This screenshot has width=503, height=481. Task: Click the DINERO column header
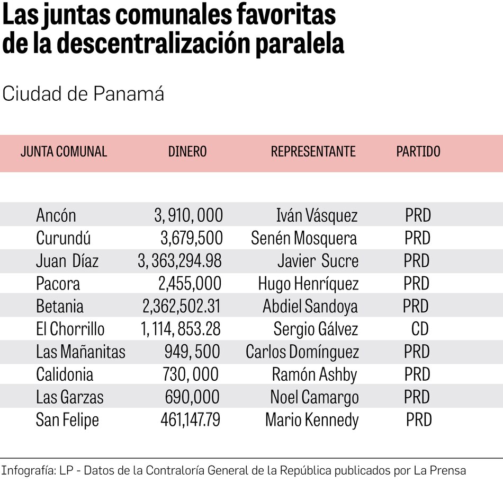tap(187, 152)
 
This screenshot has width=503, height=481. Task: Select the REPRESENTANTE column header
tap(313, 152)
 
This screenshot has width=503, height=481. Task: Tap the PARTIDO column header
tap(418, 152)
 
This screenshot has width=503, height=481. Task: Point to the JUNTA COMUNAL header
tap(64, 152)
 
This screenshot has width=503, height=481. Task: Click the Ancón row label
tap(56, 216)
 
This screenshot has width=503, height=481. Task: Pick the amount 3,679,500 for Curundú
tap(192, 238)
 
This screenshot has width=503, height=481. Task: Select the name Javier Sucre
tap(318, 261)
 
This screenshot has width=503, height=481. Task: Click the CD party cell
tap(419, 329)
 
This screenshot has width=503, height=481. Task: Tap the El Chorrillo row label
tap(70, 329)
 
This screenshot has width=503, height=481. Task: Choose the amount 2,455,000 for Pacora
tap(190, 284)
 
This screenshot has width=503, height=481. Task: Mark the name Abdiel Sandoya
tap(310, 307)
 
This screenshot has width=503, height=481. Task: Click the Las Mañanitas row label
tap(80, 352)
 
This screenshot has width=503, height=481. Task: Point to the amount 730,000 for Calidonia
tap(191, 374)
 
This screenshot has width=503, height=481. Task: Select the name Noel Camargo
tap(315, 397)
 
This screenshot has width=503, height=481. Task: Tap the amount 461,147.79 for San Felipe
tap(191, 420)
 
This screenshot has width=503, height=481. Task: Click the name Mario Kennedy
tap(312, 420)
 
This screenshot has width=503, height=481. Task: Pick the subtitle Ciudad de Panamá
tap(83, 94)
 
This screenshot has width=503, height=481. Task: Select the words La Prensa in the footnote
tap(440, 470)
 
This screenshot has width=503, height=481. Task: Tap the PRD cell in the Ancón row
tap(418, 216)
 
